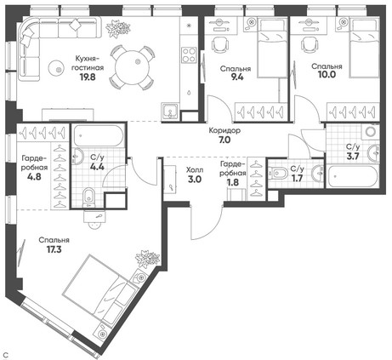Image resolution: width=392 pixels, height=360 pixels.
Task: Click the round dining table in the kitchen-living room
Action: tap(133, 67)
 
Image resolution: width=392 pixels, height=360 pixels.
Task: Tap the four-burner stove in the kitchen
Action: tap(189, 54)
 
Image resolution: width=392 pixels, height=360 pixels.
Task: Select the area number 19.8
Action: tap(88, 77)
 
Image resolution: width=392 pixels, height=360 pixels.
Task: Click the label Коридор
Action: tap(224, 131)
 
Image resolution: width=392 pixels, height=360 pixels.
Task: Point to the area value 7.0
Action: tap(224, 140)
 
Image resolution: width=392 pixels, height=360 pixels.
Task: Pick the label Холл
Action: tap(195, 170)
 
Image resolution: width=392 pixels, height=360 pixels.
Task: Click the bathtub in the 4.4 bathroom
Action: tap(99, 136)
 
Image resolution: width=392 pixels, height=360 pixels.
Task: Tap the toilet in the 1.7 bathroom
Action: tap(276, 173)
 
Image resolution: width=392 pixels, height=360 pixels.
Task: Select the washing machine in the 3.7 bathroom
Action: tap(370, 131)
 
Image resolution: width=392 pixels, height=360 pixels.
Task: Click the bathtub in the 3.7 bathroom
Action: tap(353, 176)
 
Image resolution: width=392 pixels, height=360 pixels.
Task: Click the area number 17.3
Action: tap(54, 249)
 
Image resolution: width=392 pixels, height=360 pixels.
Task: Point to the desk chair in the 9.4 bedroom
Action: tap(220, 44)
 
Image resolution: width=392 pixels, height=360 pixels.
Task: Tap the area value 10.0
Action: tap(327, 74)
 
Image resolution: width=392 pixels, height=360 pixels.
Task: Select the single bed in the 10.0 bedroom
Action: tap(365, 49)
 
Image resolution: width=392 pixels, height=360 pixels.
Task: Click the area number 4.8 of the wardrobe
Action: tap(34, 177)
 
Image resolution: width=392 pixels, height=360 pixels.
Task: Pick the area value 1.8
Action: tap(233, 182)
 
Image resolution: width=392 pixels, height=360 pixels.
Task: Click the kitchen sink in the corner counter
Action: tap(170, 111)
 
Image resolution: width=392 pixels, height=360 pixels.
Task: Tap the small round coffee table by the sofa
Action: tap(56, 68)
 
